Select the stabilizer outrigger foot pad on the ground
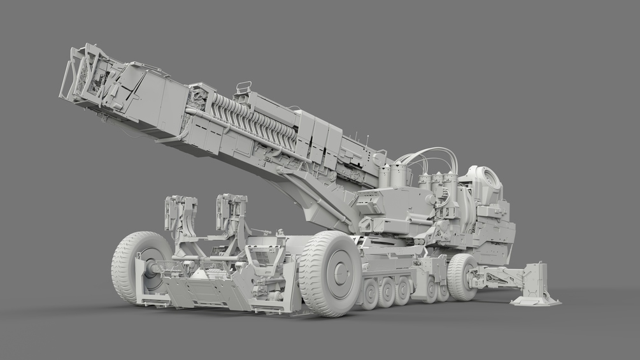tap(535, 299)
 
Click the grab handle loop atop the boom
tap(243, 87)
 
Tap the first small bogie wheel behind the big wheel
tap(370, 293)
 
